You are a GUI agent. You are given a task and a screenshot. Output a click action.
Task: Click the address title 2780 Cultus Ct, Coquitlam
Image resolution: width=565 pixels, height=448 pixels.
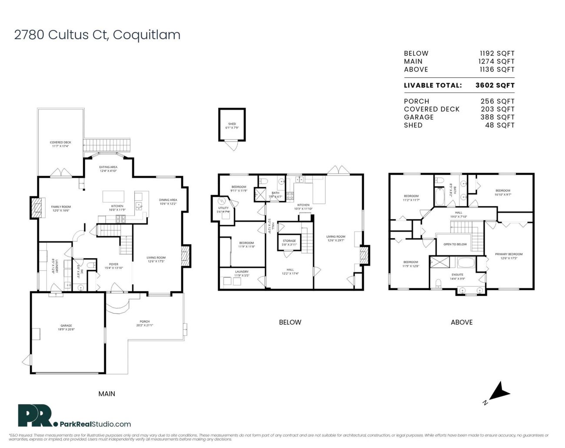97,35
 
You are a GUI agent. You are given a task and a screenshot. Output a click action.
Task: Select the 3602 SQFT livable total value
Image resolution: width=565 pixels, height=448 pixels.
495,86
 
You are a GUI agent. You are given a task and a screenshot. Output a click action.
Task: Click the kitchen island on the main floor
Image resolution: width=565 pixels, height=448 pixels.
113,196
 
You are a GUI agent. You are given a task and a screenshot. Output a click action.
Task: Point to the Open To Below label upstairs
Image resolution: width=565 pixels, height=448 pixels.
455,244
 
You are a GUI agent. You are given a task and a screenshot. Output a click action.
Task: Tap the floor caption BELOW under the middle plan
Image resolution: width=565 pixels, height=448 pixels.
290,322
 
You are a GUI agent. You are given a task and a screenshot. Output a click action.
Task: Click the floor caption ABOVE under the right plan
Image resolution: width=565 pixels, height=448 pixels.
462,322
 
